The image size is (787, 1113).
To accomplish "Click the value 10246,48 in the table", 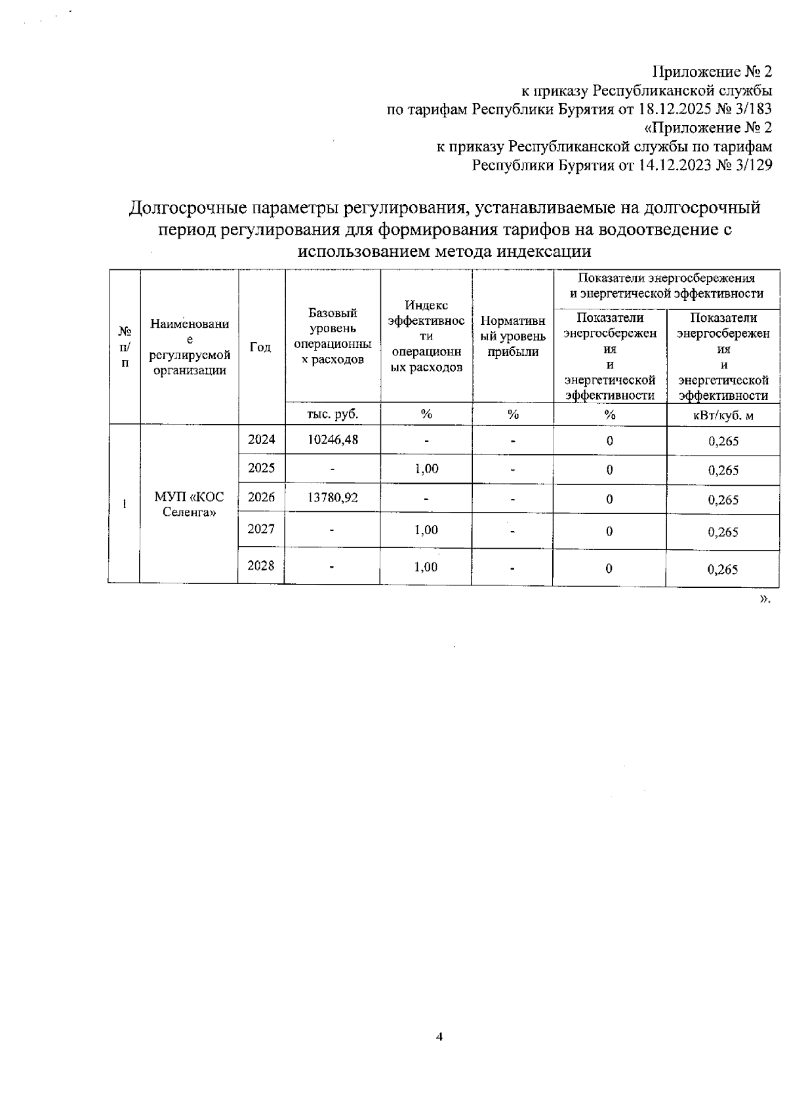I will [333, 440].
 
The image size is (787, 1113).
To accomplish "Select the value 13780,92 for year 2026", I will [333, 498].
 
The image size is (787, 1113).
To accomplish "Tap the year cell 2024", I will [261, 440].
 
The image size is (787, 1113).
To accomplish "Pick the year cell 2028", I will [261, 566].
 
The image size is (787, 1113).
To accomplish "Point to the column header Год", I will [261, 347].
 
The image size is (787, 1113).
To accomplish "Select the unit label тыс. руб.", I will [333, 414].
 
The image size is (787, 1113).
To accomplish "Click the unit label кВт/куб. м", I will [723, 415].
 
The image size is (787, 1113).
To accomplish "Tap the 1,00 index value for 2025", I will [426, 469].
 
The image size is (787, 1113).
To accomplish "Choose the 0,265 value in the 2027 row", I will [723, 532].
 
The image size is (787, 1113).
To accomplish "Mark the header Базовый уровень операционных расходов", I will [333, 336].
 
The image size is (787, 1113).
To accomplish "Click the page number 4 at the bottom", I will [440, 1037].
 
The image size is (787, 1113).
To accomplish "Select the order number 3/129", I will [754, 165].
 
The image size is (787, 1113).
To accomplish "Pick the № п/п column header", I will [125, 347].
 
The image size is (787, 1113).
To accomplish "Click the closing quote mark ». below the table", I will [765, 598].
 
